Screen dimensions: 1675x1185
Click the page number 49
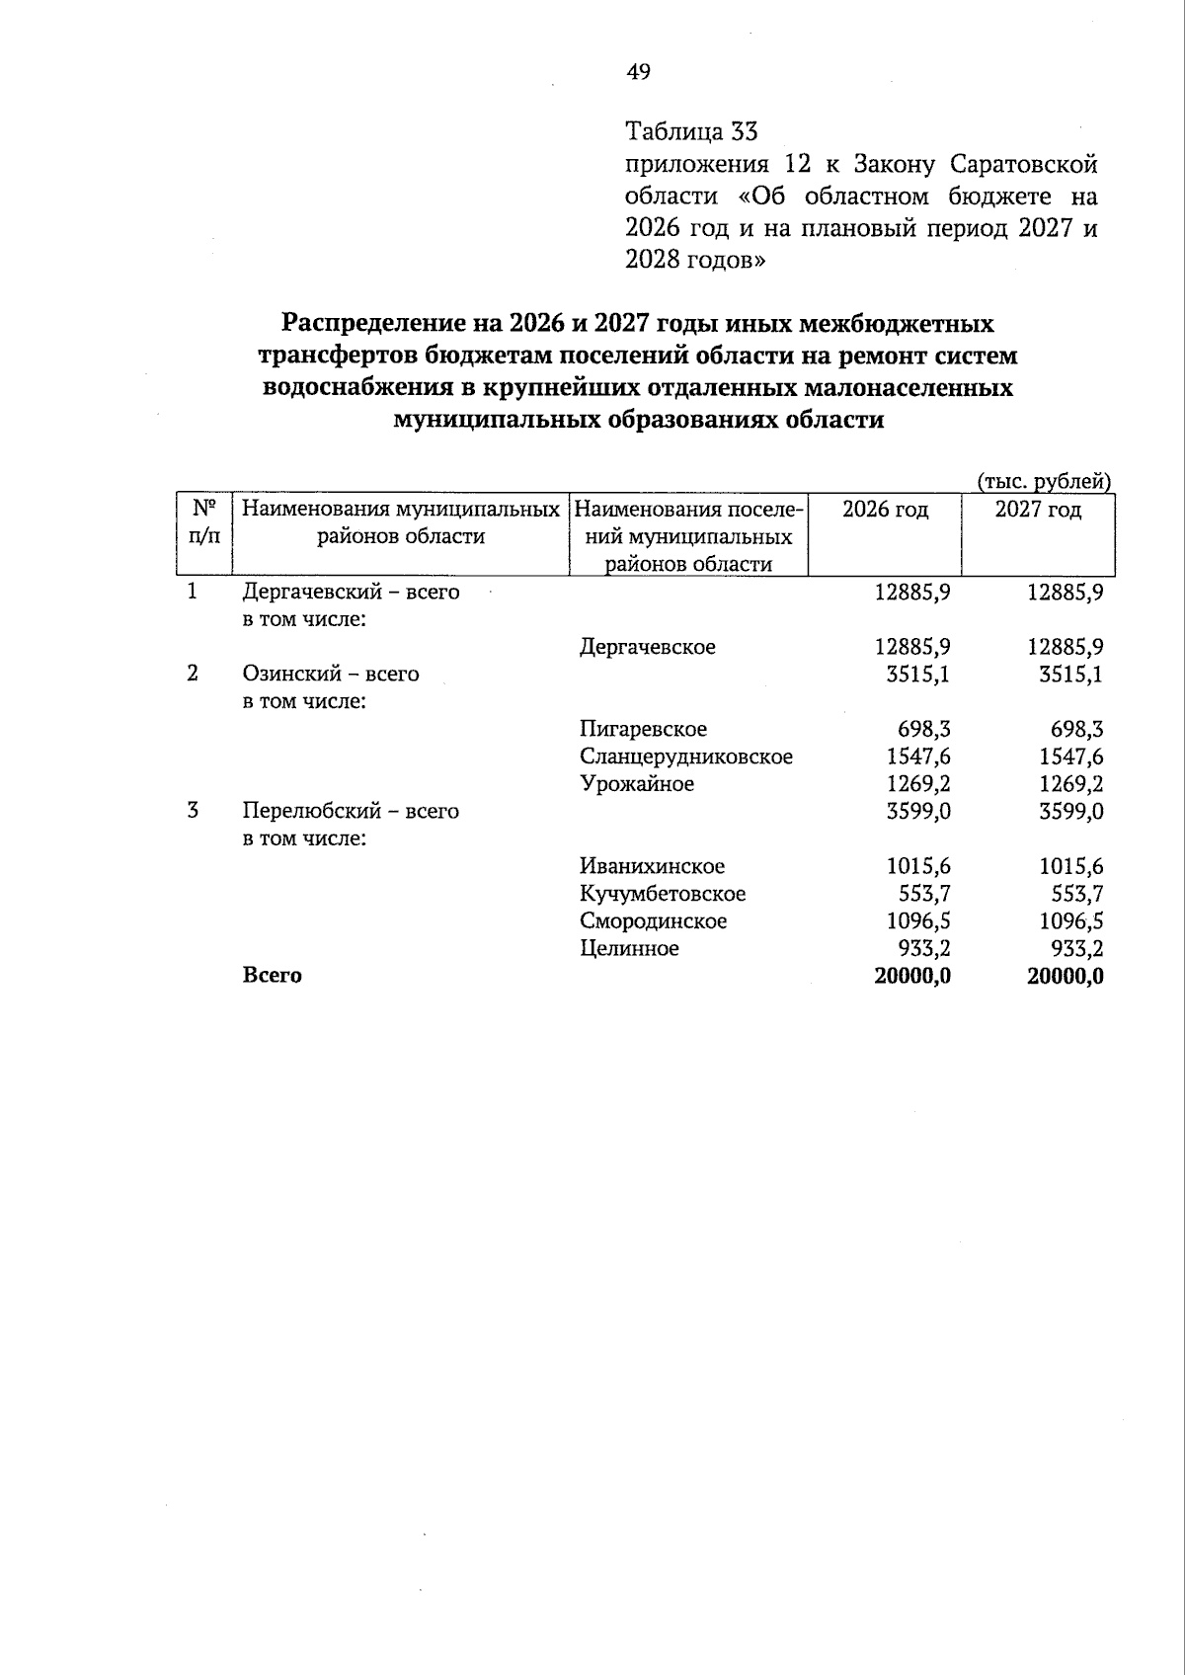pos(638,72)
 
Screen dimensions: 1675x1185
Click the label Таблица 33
pos(690,131)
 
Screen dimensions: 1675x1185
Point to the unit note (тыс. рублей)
pos(1045,482)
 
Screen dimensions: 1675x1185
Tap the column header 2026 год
pos(885,510)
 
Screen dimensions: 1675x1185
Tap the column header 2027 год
pos(1038,510)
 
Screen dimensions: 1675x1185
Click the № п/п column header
pos(203,522)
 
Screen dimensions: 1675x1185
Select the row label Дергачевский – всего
pos(351,593)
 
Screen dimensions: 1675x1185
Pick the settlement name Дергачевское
pos(647,647)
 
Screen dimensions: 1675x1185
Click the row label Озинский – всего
pos(331,675)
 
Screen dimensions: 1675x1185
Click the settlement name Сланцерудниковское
pos(686,758)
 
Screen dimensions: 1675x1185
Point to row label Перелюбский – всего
pos(351,812)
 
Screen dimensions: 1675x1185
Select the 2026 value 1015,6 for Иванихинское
pos(917,867)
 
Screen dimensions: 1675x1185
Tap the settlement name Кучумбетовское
pos(663,894)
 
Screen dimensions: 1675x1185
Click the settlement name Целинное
pos(629,949)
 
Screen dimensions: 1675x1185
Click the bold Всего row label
pos(273,976)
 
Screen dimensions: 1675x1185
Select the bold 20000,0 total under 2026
pos(912,977)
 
